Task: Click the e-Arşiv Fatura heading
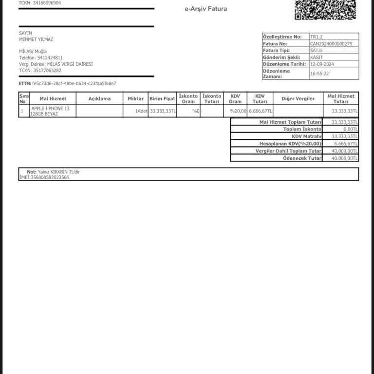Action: point(206,9)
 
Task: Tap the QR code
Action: point(325,9)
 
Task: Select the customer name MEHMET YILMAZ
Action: point(36,39)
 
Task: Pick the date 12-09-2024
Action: point(323,64)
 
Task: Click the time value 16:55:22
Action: point(319,74)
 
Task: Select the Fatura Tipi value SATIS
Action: point(316,51)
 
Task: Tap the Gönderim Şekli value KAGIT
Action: point(317,57)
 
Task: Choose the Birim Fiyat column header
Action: point(162,98)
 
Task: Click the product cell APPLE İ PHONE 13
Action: point(50,109)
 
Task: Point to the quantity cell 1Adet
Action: point(141,112)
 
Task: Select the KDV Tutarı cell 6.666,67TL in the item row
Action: point(261,112)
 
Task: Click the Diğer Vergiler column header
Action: point(298,98)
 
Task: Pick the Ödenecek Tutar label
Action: point(302,159)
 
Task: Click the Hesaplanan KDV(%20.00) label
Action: point(290,144)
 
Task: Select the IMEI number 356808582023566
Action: point(50,178)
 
